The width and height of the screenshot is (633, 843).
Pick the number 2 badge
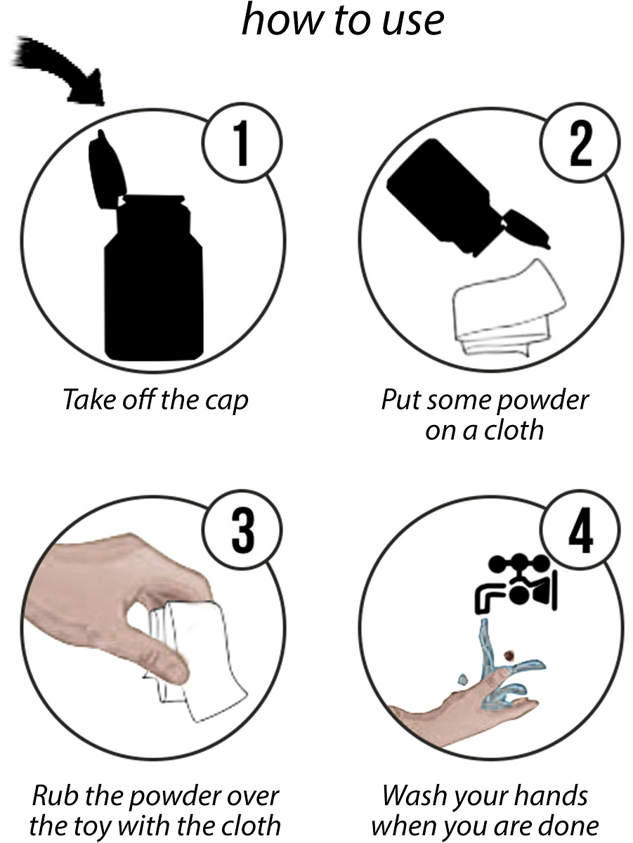pos(580,143)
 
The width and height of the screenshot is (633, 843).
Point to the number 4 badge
pos(580,530)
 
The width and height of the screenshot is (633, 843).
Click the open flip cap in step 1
pos(107,170)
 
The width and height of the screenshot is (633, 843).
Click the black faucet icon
pos(516,584)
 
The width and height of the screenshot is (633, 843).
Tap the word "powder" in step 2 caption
pos(543,401)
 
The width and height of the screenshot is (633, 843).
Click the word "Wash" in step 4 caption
pos(415,795)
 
